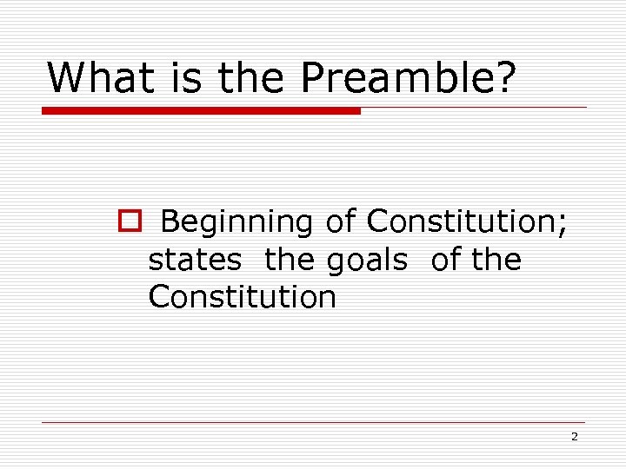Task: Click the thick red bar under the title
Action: [x=201, y=111]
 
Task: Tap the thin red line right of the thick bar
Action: [x=474, y=108]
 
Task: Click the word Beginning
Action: [x=236, y=222]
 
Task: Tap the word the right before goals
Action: [x=291, y=260]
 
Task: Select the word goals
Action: [x=367, y=260]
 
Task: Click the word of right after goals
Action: [x=445, y=260]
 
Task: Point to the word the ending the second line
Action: [x=496, y=260]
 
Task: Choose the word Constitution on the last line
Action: [x=242, y=297]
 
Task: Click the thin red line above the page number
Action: [x=313, y=423]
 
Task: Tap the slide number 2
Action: [x=574, y=437]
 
